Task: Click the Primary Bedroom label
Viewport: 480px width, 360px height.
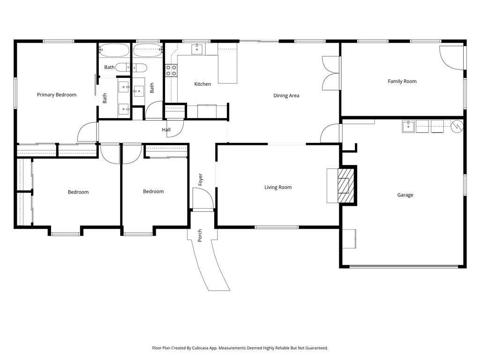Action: point(56,95)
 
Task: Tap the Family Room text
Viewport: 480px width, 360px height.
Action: point(402,81)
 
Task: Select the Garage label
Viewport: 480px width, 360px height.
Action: point(405,195)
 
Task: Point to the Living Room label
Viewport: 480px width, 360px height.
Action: point(277,187)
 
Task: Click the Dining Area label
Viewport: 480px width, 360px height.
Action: point(286,96)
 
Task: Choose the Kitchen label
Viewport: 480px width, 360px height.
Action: point(202,84)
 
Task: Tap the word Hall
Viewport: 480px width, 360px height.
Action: point(166,130)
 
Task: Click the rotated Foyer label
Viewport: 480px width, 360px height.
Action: point(201,180)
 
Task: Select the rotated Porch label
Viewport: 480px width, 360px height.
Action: point(200,235)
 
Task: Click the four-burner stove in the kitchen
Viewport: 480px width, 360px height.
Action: point(171,70)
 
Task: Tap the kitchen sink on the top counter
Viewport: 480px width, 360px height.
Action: point(197,48)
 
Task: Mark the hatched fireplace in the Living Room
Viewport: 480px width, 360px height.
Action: point(346,185)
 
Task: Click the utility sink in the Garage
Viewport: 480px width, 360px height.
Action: point(408,127)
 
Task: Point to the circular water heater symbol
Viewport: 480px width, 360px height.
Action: point(457,126)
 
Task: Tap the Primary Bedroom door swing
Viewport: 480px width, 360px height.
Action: point(87,132)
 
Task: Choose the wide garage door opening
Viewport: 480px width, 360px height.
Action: point(403,267)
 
